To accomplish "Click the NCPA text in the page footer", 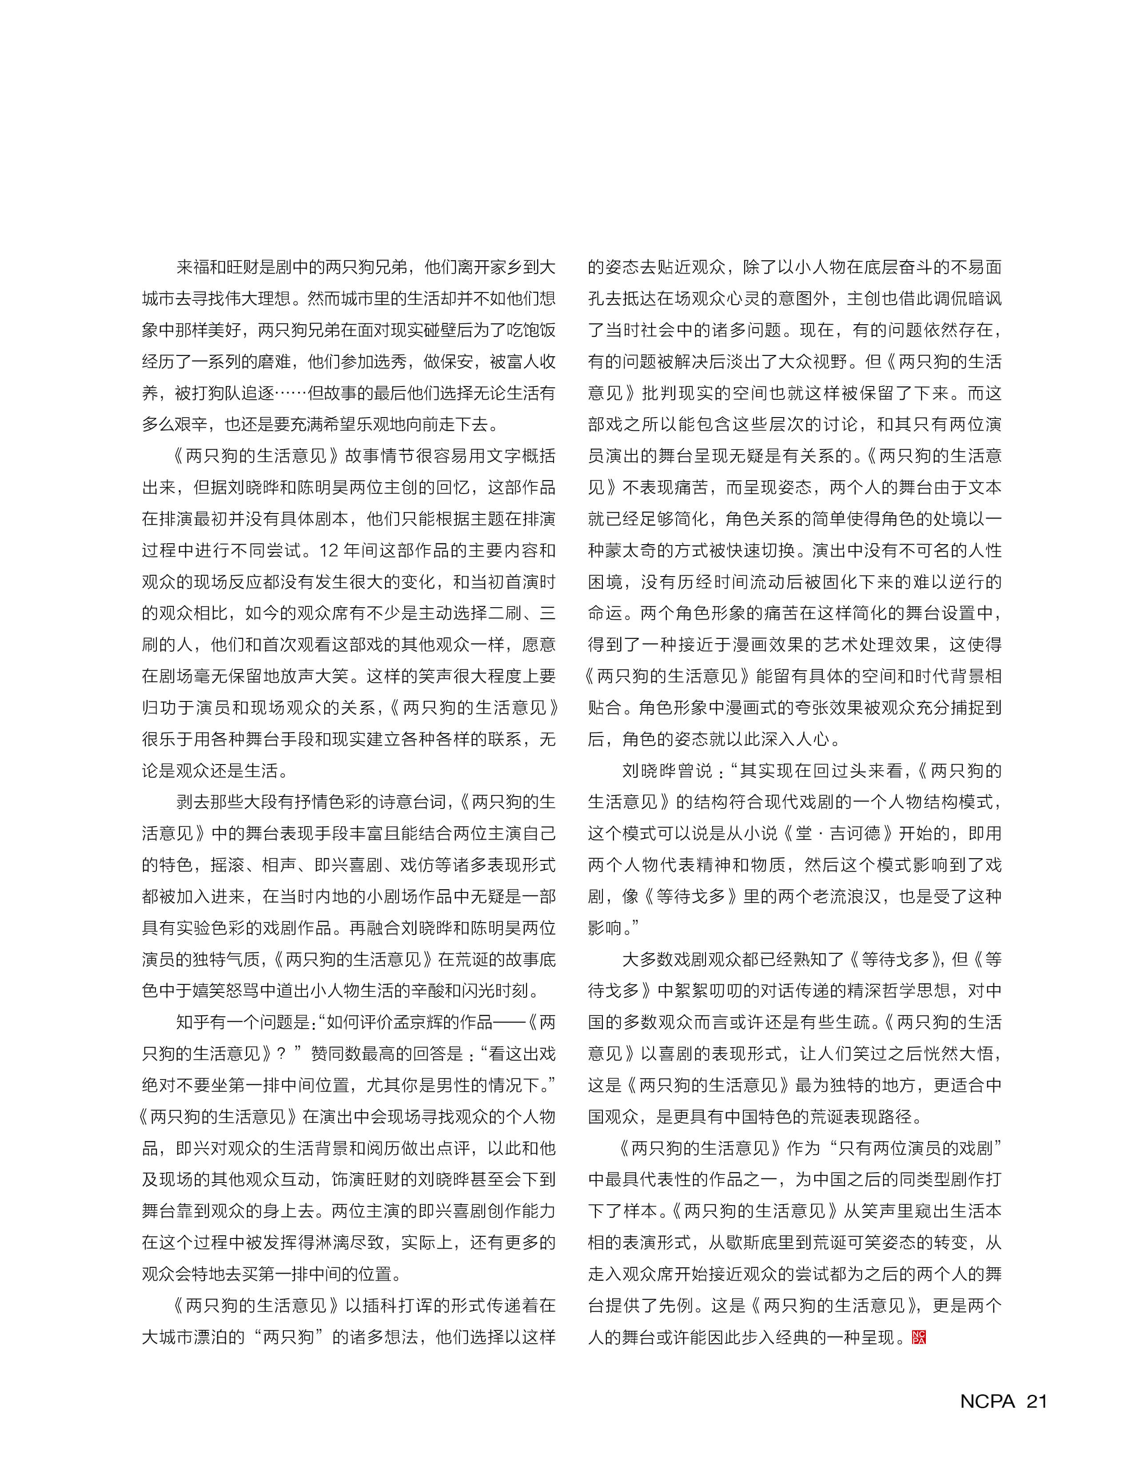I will (987, 1401).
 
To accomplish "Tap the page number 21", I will (1036, 1401).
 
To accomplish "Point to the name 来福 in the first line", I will (192, 267).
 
